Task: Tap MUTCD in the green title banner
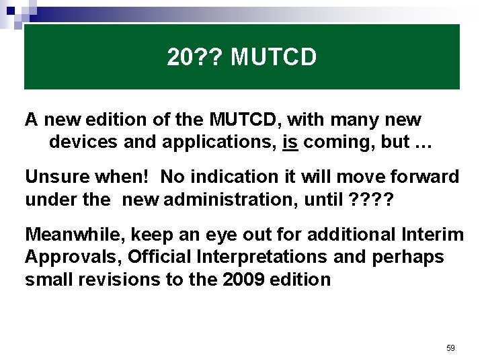[273, 58]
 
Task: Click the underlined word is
[290, 143]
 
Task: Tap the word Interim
[432, 235]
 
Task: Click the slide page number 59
[450, 348]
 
